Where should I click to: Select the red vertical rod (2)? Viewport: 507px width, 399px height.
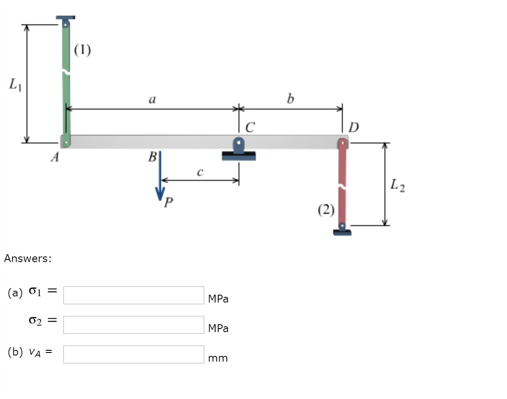pos(342,183)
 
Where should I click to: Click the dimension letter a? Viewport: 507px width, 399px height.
pos(152,100)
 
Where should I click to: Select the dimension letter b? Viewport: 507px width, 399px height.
pos(290,99)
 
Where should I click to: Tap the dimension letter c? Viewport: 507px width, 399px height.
pos(199,172)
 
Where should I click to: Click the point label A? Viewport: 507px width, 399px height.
pos(55,157)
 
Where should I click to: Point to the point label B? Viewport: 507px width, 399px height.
pos(152,157)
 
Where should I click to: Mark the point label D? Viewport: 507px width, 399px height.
pos(354,127)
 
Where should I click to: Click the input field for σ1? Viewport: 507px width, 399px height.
pos(133,295)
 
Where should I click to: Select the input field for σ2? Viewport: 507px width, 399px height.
pos(133,325)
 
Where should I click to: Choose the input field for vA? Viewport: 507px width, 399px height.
pos(133,354)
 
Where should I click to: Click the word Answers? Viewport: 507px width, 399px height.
pos(28,259)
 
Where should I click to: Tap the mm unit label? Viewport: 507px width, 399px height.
pos(218,358)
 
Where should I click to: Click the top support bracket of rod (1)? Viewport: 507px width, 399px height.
pos(65,19)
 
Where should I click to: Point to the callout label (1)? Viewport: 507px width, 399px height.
pos(82,51)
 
